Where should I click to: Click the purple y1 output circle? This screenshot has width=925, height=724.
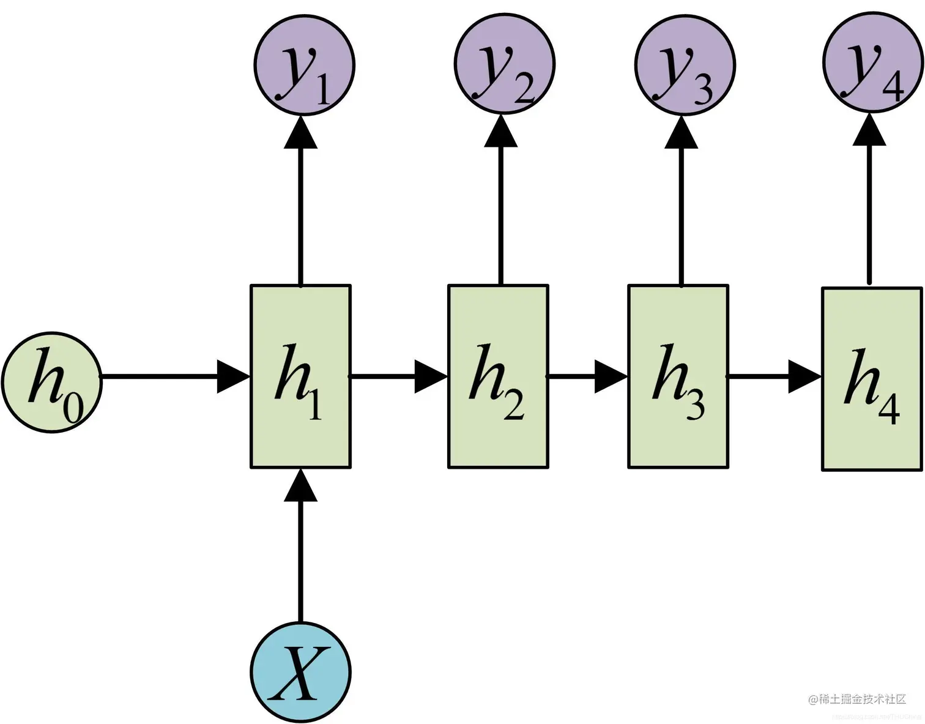[304, 64]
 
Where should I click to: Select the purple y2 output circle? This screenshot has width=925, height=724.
[504, 64]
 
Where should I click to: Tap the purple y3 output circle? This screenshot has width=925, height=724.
[685, 64]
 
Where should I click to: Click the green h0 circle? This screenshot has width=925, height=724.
[52, 382]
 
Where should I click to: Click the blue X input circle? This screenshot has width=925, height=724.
[300, 671]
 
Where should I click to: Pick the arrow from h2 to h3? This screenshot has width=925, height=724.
[588, 376]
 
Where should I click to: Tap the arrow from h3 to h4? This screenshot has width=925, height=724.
[775, 376]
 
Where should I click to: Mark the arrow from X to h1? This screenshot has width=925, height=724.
[300, 545]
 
